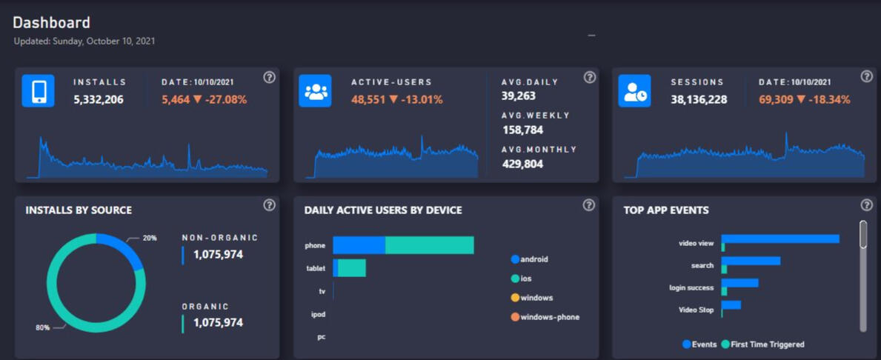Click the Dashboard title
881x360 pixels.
[x=51, y=23]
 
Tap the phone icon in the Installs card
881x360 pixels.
[x=38, y=91]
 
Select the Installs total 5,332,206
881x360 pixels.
[x=99, y=99]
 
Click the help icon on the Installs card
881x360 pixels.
[x=269, y=78]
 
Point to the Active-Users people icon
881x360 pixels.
[x=315, y=91]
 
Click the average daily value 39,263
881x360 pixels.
[x=518, y=96]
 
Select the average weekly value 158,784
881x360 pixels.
[x=522, y=130]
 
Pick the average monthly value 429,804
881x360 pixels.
[x=522, y=164]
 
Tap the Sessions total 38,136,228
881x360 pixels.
[x=699, y=99]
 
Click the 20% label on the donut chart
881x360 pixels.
[x=150, y=239]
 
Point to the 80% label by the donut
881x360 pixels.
[x=43, y=327]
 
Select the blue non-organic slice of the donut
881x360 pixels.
[x=126, y=248]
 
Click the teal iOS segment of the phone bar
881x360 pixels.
[x=429, y=245]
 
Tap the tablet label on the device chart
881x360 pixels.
[x=316, y=268]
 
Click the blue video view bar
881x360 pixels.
[x=780, y=239]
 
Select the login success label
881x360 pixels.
[x=691, y=287]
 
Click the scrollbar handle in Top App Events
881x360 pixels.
[x=863, y=234]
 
